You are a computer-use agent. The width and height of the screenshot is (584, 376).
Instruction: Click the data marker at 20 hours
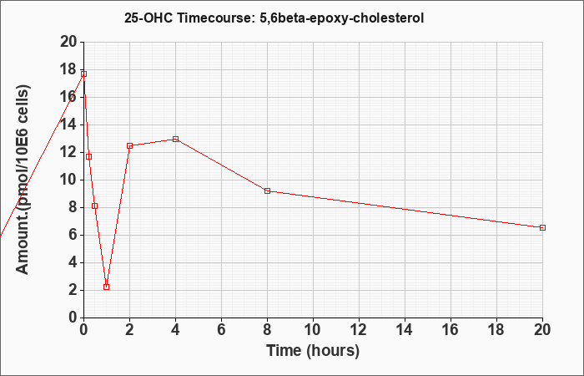tap(542, 227)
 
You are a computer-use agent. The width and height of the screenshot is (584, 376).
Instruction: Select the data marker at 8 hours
tap(267, 191)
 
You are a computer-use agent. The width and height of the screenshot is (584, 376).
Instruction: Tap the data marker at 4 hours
tap(175, 140)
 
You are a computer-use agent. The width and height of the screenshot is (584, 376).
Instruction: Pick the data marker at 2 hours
tap(129, 146)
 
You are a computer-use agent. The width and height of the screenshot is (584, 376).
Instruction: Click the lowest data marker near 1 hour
tap(107, 287)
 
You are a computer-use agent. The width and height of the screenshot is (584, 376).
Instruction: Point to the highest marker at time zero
tap(83, 74)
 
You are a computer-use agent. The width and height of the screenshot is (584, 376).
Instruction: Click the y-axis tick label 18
tap(68, 69)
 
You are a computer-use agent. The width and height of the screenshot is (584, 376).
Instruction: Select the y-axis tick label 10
tap(68, 180)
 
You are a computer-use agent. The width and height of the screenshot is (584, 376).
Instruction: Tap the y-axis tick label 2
tap(73, 291)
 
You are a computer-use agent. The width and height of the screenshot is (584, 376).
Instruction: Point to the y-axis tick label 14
tap(68, 125)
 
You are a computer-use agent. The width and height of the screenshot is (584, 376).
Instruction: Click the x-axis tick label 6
tap(221, 330)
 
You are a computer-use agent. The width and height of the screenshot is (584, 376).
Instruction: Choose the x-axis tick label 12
tap(359, 330)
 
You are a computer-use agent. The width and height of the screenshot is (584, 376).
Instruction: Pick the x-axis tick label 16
tap(451, 330)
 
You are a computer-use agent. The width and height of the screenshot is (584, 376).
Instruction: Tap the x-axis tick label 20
tap(541, 330)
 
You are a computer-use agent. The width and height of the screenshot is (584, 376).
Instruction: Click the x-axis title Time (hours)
tap(313, 351)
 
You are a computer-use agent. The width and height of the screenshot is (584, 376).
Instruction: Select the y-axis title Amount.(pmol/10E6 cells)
tap(23, 180)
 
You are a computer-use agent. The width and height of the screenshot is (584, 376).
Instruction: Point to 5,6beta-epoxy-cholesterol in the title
tap(338, 18)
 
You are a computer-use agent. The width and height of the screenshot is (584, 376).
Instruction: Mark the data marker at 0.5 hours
tap(94, 206)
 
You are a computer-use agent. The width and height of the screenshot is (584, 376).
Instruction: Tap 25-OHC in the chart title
tap(149, 18)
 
